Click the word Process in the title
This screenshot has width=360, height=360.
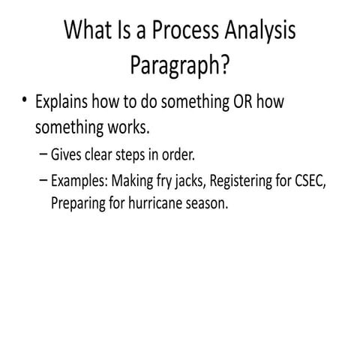[x=185, y=30]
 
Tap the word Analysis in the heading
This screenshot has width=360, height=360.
[x=260, y=31]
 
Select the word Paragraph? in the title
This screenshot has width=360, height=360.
[x=180, y=64]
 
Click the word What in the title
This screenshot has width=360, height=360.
[x=88, y=29]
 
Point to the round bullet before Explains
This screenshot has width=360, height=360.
[x=24, y=100]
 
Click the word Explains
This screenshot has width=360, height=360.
[x=61, y=102]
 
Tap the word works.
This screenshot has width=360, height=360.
[x=128, y=127]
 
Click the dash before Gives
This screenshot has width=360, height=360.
[x=43, y=154]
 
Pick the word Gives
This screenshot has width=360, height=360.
[x=66, y=154]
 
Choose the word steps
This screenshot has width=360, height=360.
[x=130, y=155]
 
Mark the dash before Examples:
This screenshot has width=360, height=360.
[x=43, y=180]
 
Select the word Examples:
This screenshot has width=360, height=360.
[x=79, y=181]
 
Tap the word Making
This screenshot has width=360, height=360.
[x=132, y=181]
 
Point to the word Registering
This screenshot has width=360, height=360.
[x=241, y=181]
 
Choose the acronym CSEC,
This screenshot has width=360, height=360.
[x=310, y=181]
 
